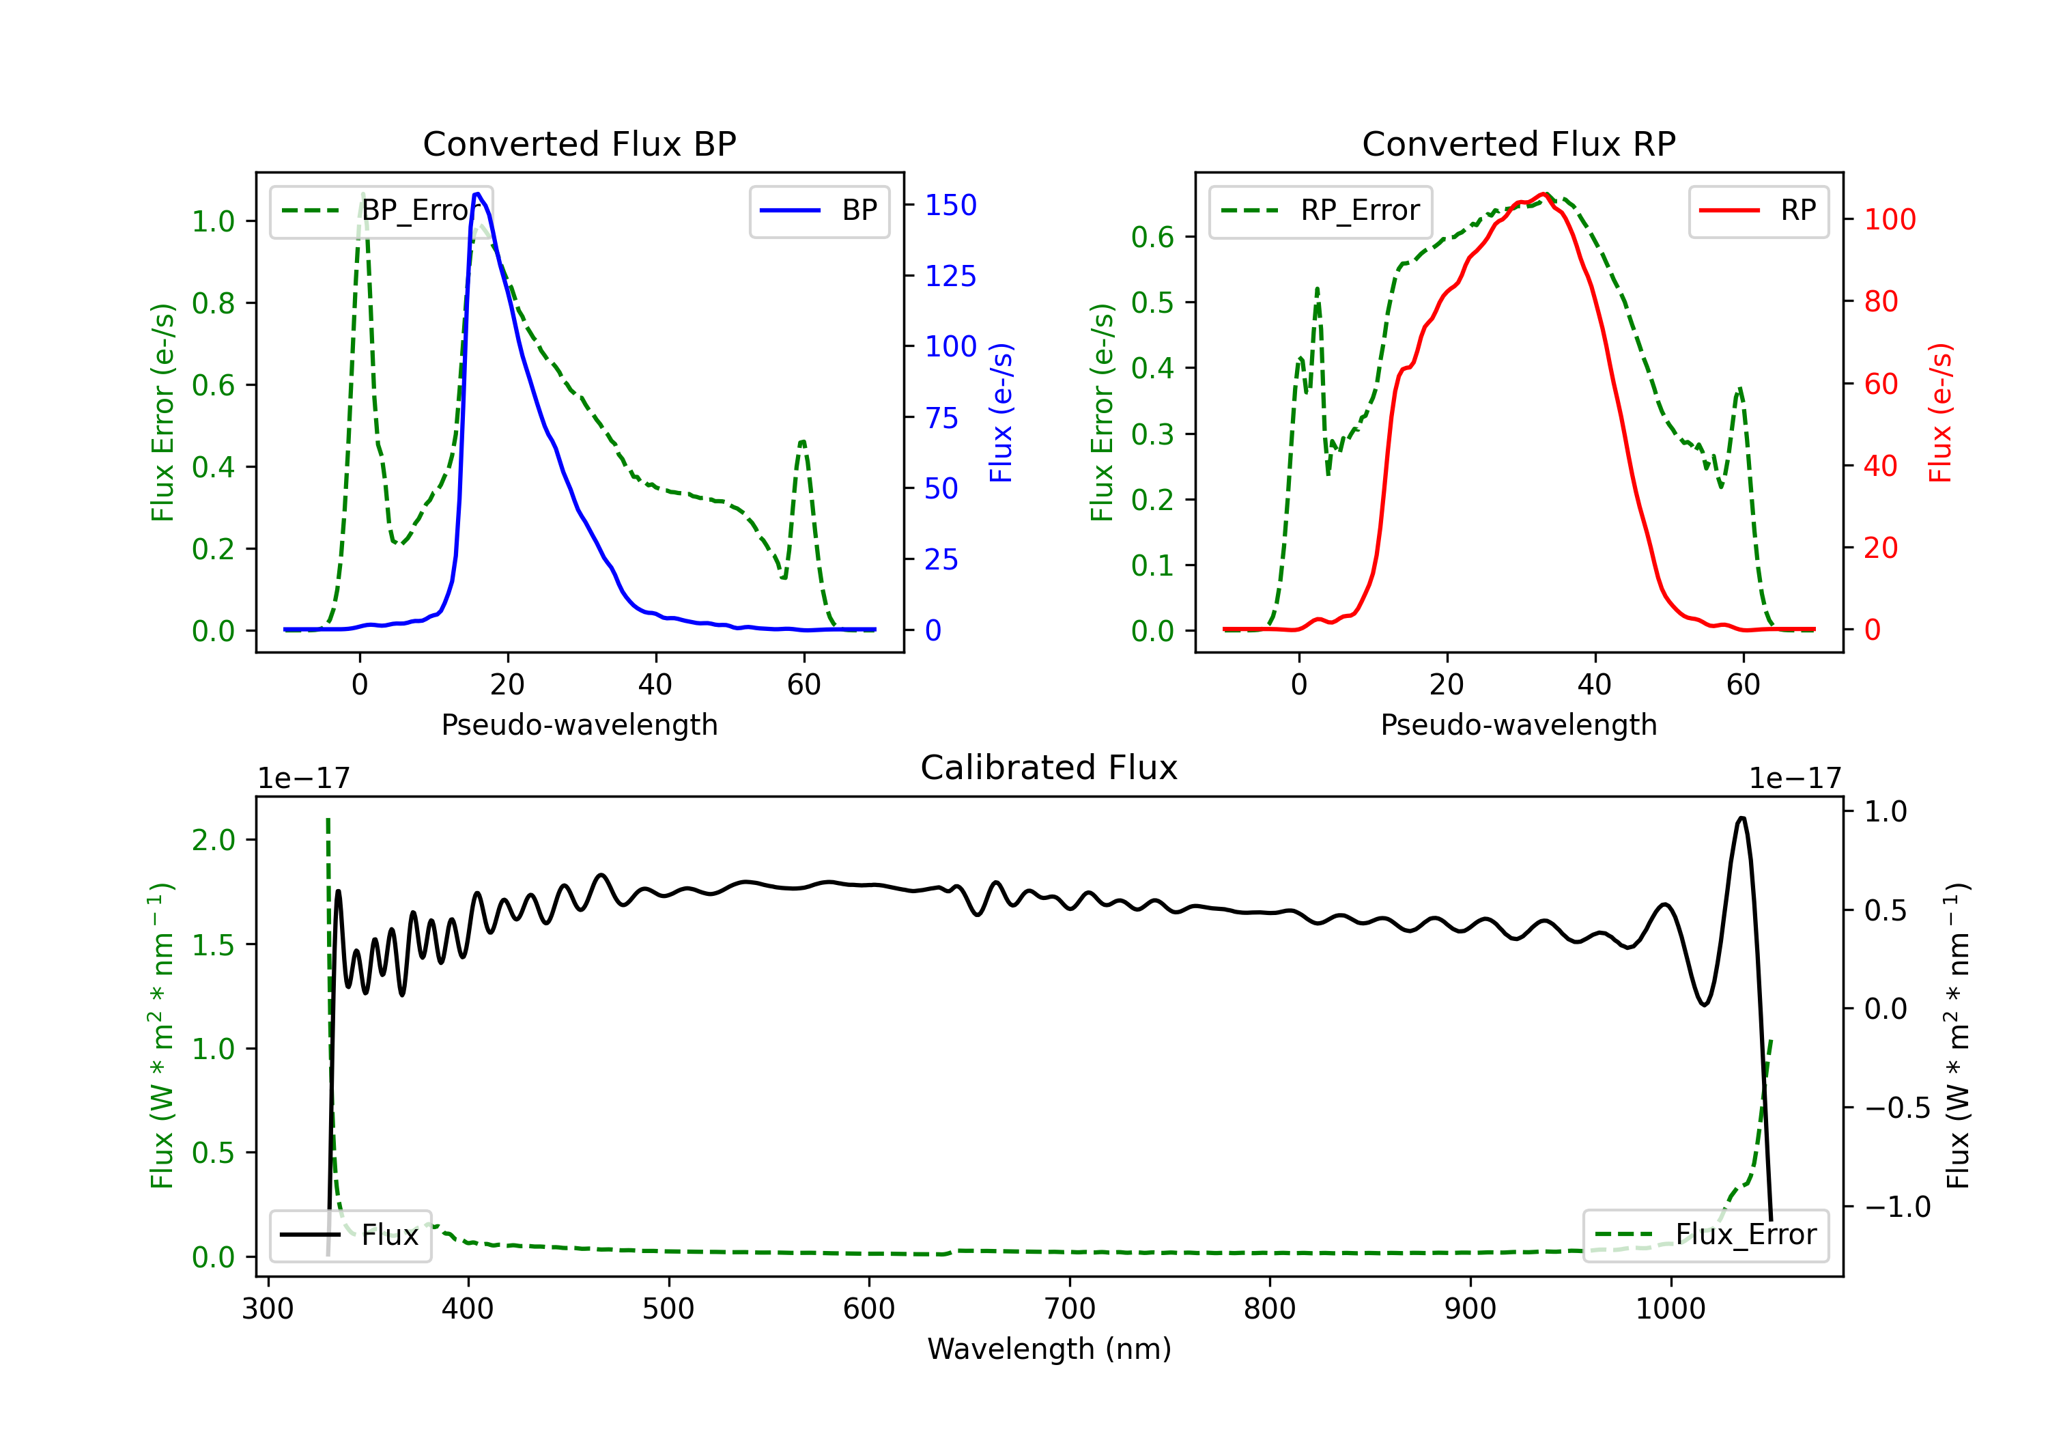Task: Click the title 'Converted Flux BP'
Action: coord(579,143)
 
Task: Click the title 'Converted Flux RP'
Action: coord(1518,143)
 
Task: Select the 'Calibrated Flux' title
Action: coord(1049,768)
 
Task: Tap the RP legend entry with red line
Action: coord(1758,210)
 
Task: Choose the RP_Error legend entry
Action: coord(1320,210)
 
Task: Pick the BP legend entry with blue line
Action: coord(819,210)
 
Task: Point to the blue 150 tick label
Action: coord(951,206)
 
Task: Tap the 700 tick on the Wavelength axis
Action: coord(1070,1309)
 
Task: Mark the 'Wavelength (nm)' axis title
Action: coord(1049,1349)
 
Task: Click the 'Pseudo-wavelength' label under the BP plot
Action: coord(580,725)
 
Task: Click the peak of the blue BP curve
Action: coord(477,194)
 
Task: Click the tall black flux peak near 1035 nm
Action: coord(1742,817)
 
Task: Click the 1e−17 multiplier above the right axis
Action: coord(1795,779)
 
